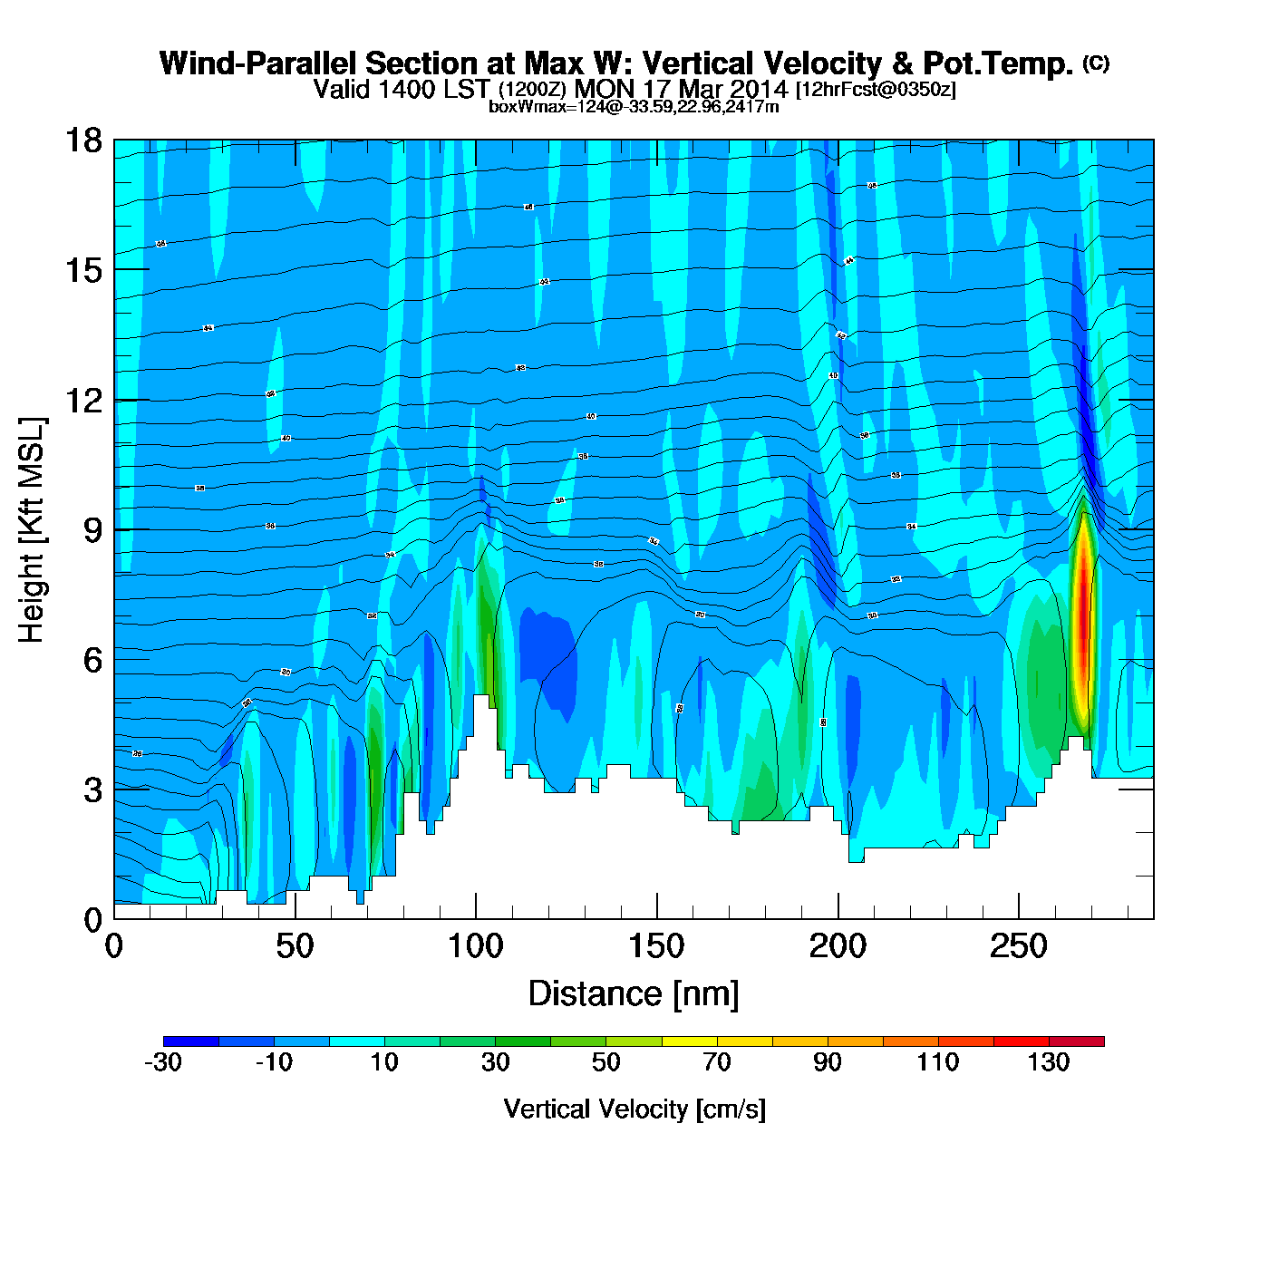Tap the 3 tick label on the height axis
[x=92, y=789]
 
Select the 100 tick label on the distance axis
[x=475, y=947]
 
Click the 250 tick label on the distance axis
[x=1018, y=947]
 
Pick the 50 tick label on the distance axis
[x=295, y=947]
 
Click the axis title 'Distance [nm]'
[x=634, y=993]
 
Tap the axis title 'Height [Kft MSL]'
[x=32, y=530]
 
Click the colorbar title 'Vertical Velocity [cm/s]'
[x=634, y=1109]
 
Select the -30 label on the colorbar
[x=163, y=1062]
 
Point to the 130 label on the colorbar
[x=1049, y=1062]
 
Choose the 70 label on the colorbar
[x=717, y=1062]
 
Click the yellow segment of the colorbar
[x=690, y=1041]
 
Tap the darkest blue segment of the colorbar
[x=191, y=1041]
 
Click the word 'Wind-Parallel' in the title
[x=257, y=63]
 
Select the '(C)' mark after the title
[x=1095, y=63]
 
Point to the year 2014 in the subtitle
[x=758, y=89]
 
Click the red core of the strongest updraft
[x=1080, y=625]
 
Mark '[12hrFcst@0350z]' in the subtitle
[x=875, y=90]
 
